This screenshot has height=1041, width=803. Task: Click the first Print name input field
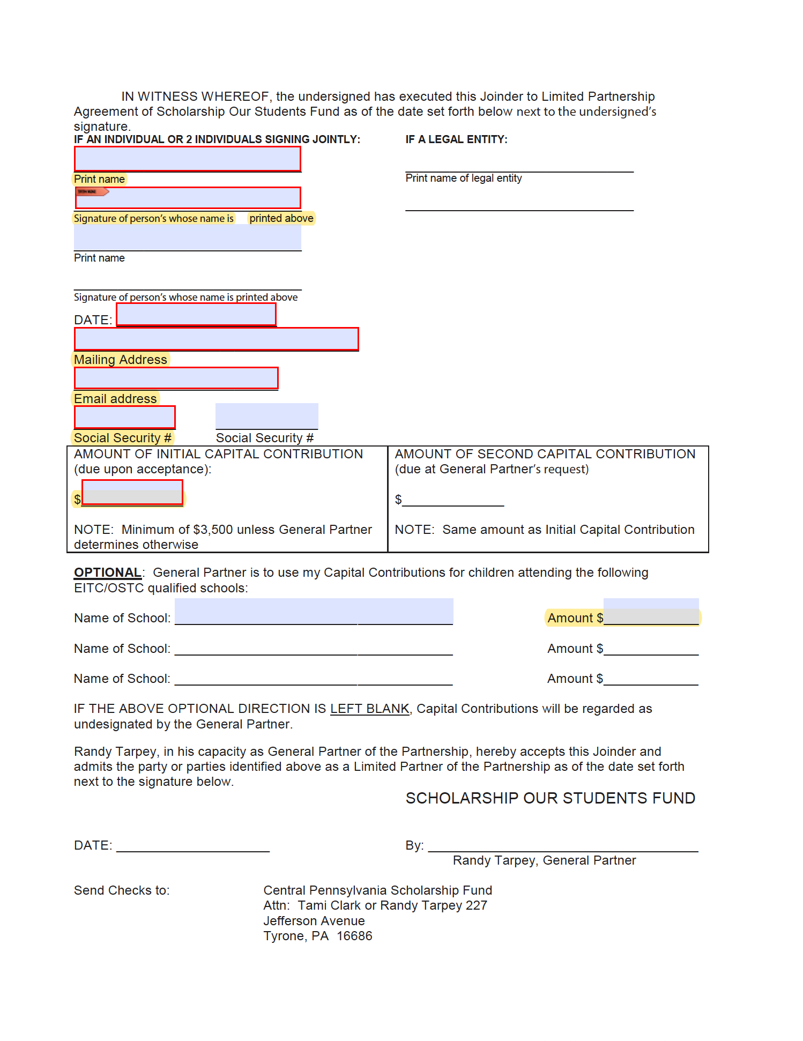(x=187, y=159)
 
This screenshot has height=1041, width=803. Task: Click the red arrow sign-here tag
(x=92, y=192)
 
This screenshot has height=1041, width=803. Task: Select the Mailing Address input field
(x=216, y=339)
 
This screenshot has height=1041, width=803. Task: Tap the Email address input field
(x=176, y=378)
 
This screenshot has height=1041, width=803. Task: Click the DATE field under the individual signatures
(x=196, y=315)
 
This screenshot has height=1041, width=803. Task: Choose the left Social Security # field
(x=124, y=417)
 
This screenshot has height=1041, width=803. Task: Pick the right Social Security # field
(x=266, y=417)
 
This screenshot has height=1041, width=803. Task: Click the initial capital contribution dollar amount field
(x=132, y=493)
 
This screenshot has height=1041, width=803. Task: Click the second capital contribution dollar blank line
(x=453, y=501)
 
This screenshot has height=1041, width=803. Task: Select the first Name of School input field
(x=314, y=612)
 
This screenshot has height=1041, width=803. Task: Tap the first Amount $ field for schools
(x=651, y=612)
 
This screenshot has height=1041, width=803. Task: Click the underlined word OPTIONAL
(x=108, y=572)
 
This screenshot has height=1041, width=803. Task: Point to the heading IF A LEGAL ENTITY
(x=456, y=139)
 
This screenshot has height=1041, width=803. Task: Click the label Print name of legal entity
(x=463, y=178)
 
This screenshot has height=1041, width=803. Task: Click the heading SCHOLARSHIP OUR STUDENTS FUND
(x=550, y=798)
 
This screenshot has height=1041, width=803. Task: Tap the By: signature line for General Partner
(x=563, y=846)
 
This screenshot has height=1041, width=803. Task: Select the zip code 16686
(x=354, y=936)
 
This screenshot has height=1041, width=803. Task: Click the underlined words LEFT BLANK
(x=369, y=709)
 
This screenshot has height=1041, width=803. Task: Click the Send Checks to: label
(x=122, y=890)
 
